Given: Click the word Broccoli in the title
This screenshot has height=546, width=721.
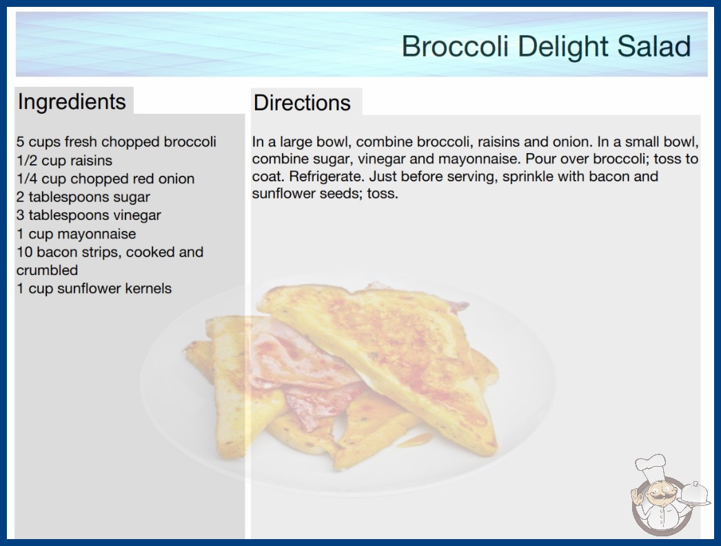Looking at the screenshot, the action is (455, 46).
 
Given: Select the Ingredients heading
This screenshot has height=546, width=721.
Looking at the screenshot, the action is (72, 102).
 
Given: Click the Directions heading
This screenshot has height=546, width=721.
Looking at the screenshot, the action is (302, 103).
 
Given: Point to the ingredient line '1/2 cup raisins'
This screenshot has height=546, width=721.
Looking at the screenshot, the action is (64, 161).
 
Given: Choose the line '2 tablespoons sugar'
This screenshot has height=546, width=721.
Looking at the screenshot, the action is (83, 197).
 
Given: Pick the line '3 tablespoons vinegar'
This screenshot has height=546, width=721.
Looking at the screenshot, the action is (89, 215).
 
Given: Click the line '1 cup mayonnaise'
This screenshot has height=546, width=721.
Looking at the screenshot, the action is (77, 234).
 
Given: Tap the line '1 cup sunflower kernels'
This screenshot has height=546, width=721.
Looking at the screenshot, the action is (94, 288).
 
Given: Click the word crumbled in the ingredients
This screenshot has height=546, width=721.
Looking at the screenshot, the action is (47, 270).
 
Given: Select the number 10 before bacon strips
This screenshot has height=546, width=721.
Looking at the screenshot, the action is (24, 252).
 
